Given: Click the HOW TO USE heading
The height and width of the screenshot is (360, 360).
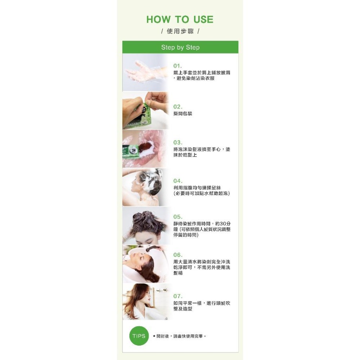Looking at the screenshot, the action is click(180, 19).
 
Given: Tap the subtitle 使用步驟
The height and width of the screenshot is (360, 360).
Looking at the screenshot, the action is click(180, 31).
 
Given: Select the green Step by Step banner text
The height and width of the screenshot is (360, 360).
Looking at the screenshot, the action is click(180, 47).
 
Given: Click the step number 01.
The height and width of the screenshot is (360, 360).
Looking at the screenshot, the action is click(177, 66).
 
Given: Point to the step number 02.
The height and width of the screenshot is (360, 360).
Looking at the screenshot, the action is click(178, 107).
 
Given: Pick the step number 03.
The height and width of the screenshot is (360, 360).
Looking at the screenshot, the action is click(178, 142).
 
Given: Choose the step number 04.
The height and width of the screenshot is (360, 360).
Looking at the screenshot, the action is click(178, 181).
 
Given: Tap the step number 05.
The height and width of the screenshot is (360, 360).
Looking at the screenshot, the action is click(178, 217).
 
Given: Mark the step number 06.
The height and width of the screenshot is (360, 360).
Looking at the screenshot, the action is click(178, 255).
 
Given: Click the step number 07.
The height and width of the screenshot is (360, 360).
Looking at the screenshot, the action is click(178, 296).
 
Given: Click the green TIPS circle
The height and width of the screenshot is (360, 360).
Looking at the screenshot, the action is click(139, 336).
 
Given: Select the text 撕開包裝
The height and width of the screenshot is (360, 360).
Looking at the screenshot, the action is click(183, 113).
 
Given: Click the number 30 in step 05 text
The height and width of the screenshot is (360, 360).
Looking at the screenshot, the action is click(223, 224).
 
